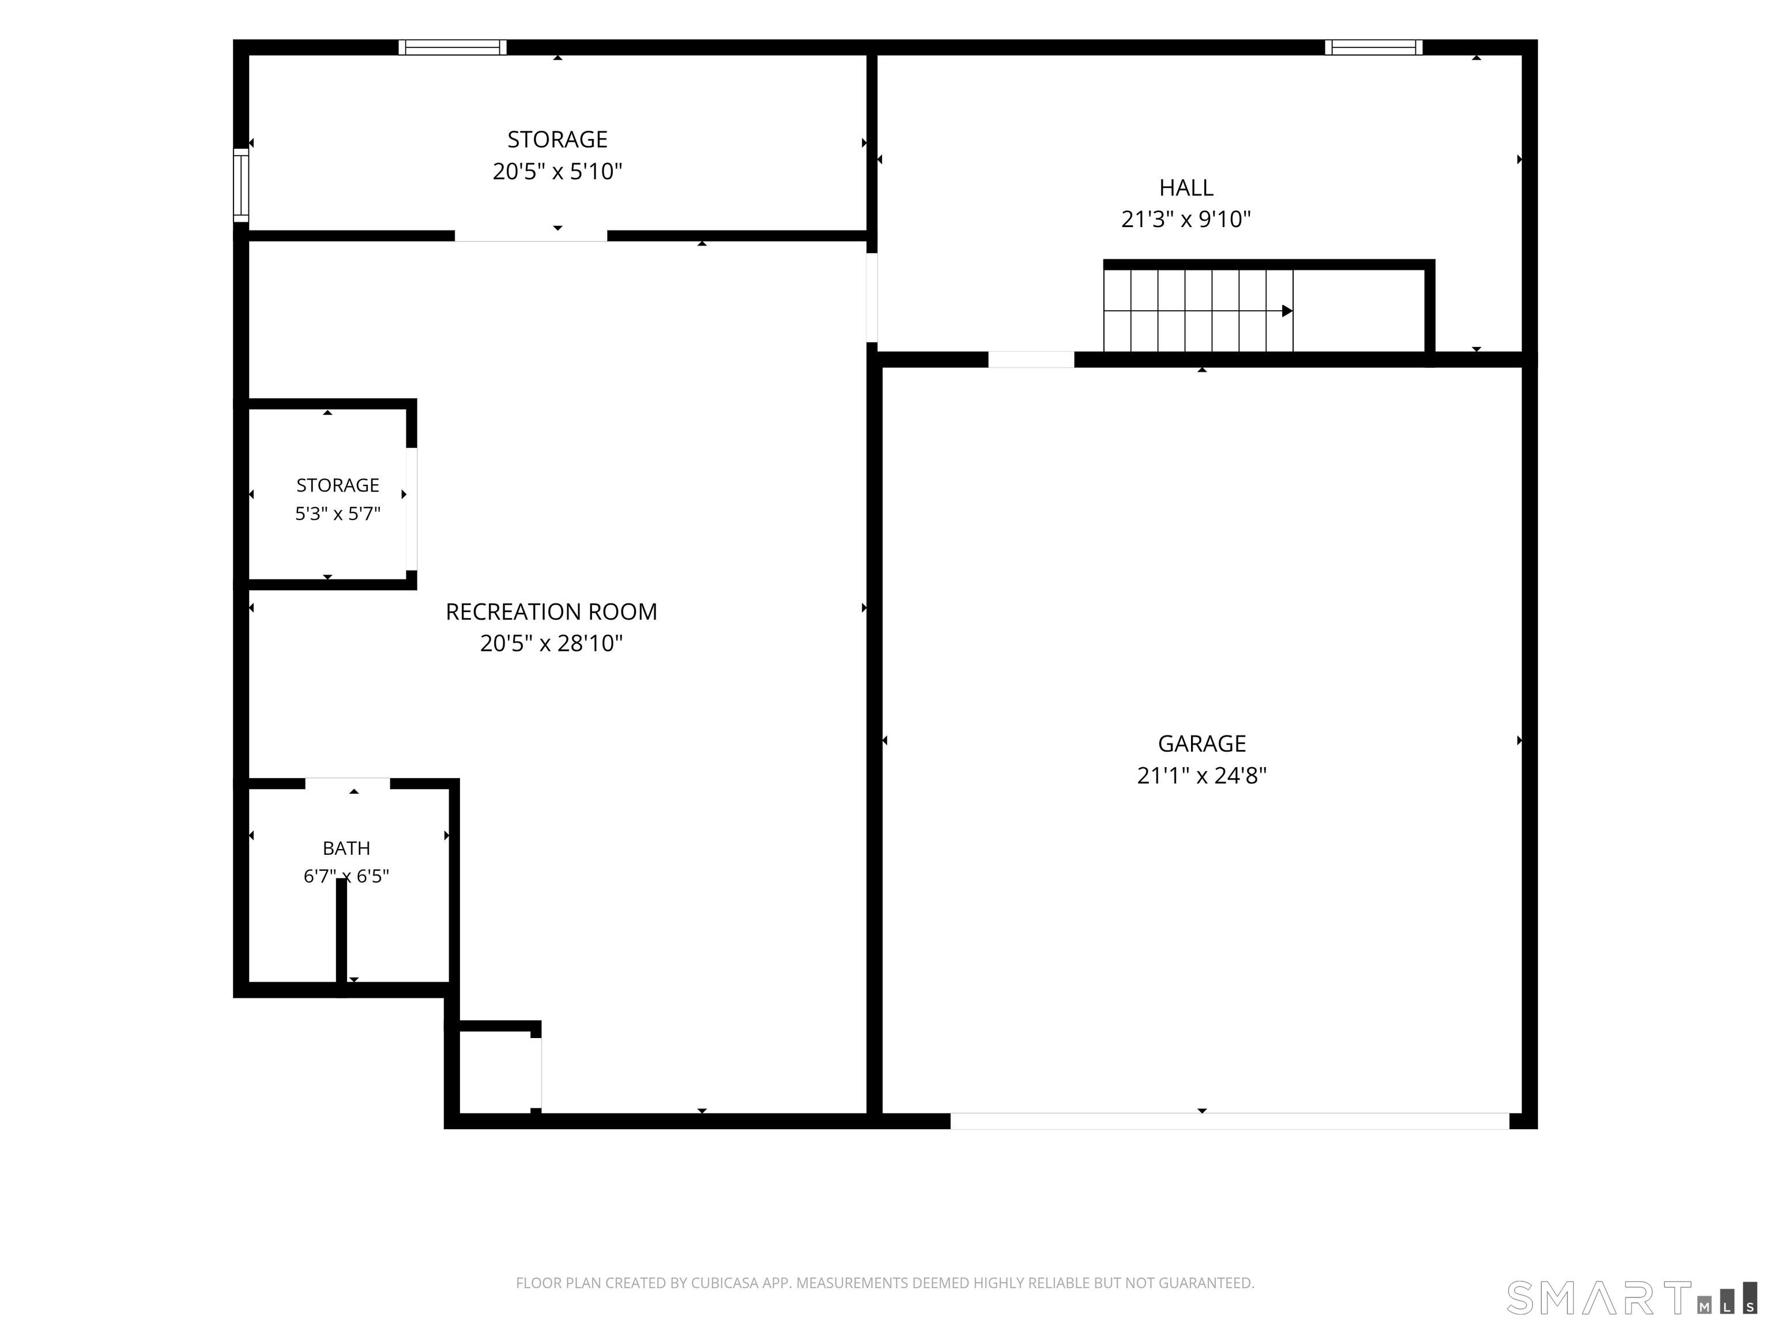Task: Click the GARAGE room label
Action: pyautogui.click(x=1202, y=744)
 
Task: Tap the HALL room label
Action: pyautogui.click(x=1186, y=187)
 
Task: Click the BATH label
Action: pyautogui.click(x=346, y=848)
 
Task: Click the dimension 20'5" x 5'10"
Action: pyautogui.click(x=557, y=171)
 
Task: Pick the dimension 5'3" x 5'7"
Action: pyautogui.click(x=337, y=513)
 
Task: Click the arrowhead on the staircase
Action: pyautogui.click(x=1287, y=311)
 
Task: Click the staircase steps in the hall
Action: pyautogui.click(x=1198, y=311)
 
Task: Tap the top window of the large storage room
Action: pyautogui.click(x=453, y=47)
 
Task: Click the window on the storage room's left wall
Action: pyautogui.click(x=241, y=185)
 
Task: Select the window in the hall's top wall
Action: pyautogui.click(x=1373, y=47)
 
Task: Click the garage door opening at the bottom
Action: pyautogui.click(x=1230, y=1120)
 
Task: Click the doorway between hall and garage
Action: pyautogui.click(x=1031, y=360)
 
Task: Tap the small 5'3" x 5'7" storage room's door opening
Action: pyautogui.click(x=412, y=509)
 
